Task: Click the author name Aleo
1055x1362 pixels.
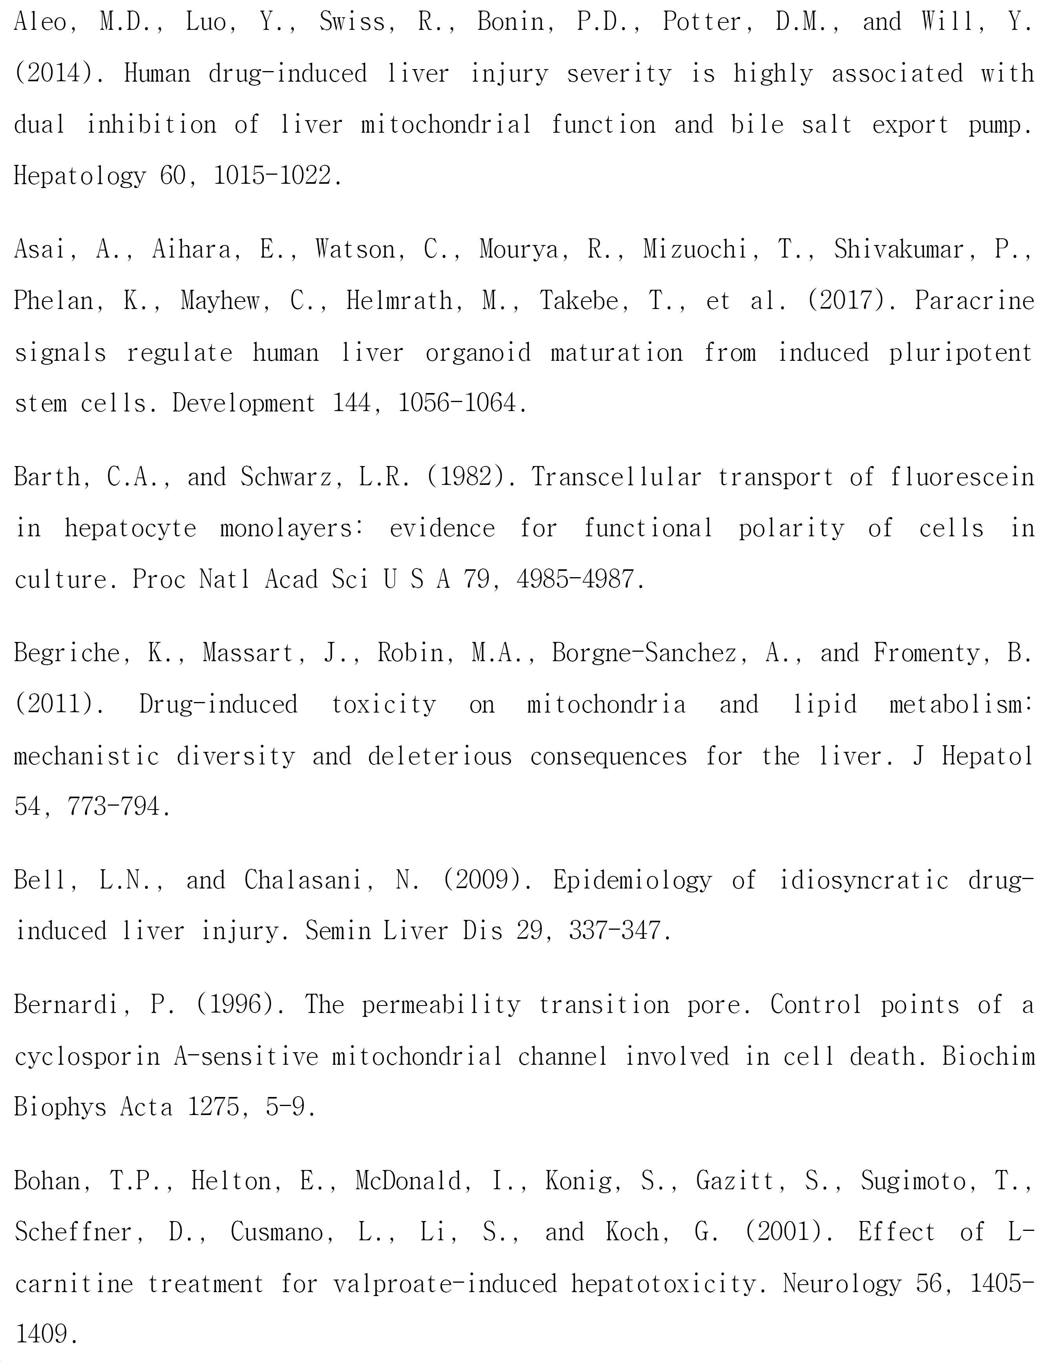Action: click(40, 22)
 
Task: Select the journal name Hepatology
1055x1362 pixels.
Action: click(79, 177)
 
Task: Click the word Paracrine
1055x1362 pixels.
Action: click(974, 301)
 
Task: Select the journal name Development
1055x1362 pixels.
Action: click(244, 404)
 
